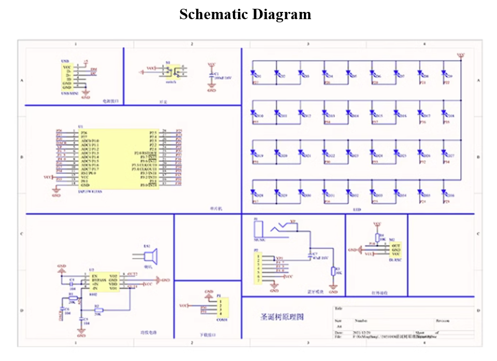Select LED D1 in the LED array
coord(254,76)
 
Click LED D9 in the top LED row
coord(444,76)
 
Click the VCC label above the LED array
coord(460,54)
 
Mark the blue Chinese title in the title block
coord(282,316)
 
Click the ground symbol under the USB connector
coord(86,96)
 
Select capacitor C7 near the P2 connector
coord(310,255)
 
